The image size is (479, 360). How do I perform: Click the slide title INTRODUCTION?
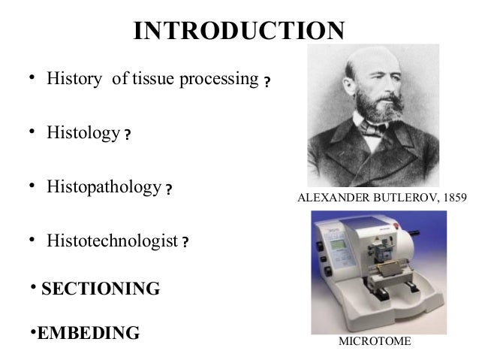(x=239, y=31)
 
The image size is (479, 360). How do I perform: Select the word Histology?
(x=83, y=133)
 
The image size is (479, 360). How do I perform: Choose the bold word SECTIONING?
(x=100, y=289)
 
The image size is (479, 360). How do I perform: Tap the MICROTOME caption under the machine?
(x=375, y=342)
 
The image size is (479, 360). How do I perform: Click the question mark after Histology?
(x=128, y=136)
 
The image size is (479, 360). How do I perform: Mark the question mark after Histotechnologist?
(x=185, y=244)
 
